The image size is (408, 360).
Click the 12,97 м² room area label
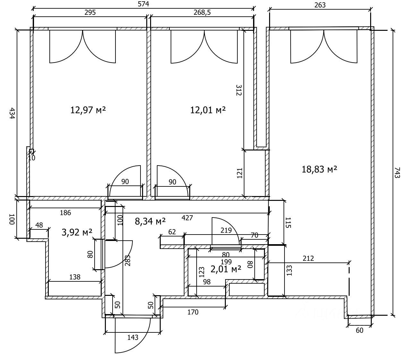point(88,110)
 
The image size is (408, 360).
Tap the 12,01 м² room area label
point(208,110)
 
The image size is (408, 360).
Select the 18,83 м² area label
point(319,169)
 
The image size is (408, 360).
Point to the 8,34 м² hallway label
point(150,221)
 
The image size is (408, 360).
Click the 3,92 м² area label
point(77,232)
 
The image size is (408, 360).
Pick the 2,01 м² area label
point(226,269)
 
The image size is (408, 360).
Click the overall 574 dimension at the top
point(143,4)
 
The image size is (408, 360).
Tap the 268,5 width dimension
point(202,12)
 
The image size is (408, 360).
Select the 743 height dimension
point(396,173)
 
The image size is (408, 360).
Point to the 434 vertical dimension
point(12,113)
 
